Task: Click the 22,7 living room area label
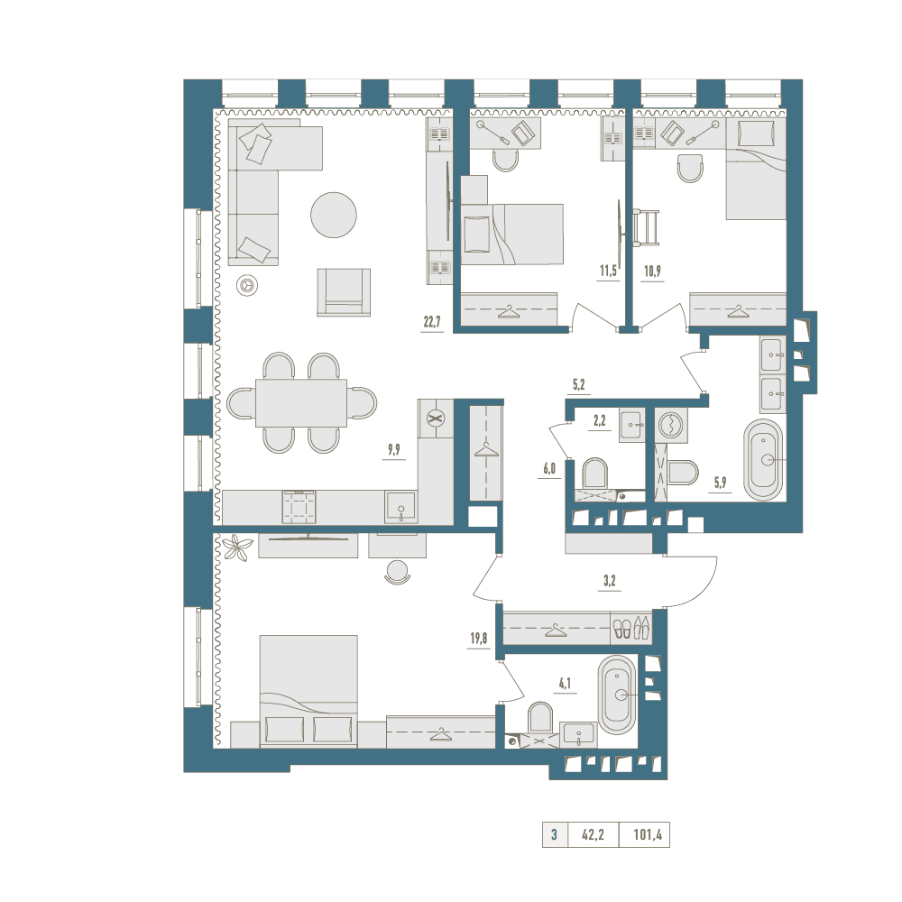[x=432, y=322]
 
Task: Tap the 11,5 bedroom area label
[x=608, y=271]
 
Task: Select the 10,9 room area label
[x=652, y=271]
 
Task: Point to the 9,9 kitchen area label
[x=394, y=449]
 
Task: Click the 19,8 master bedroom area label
[x=479, y=638]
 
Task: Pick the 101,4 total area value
[x=648, y=834]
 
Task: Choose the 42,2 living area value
[x=594, y=834]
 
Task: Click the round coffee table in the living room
[x=334, y=215]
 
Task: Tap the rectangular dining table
[x=301, y=402]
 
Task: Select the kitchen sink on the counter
[x=401, y=507]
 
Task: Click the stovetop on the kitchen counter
[x=299, y=507]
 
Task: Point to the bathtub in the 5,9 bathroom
[x=763, y=460]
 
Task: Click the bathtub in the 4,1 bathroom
[x=617, y=695]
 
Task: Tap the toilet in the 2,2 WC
[x=594, y=474]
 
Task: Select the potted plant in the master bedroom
[x=237, y=548]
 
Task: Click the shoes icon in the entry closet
[x=631, y=628]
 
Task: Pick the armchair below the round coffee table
[x=344, y=292]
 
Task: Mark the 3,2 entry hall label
[x=610, y=581]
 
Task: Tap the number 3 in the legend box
[x=554, y=834]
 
